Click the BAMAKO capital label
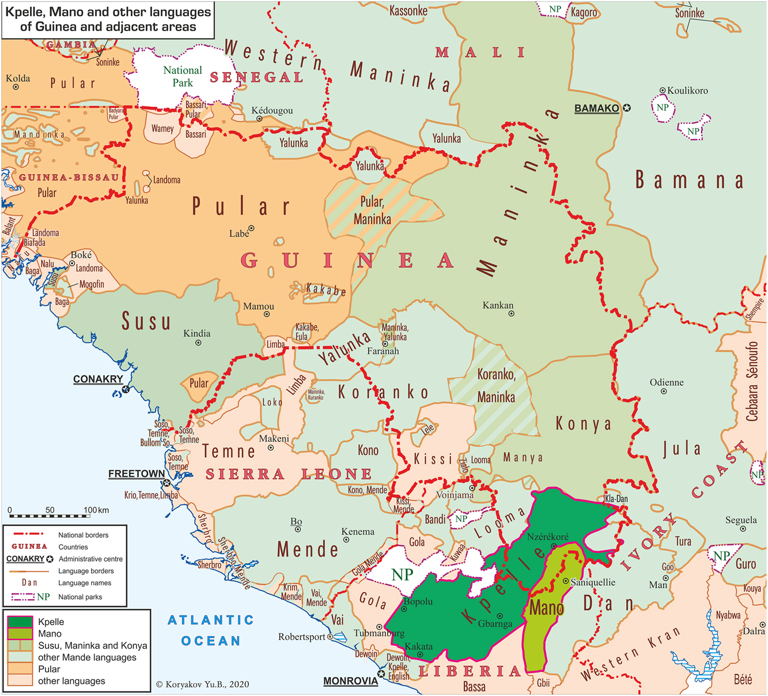coord(596,108)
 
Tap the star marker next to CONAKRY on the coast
coord(126,390)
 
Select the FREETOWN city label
coord(137,474)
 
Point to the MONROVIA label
coord(350,681)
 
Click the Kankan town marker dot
coord(511,314)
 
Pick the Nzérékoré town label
coord(547,537)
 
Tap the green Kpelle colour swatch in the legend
coord(20,622)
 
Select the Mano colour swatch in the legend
coord(20,634)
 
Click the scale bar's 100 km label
coord(96,510)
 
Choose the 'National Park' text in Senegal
coord(183,77)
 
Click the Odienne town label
coord(667,383)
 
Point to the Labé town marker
coord(251,228)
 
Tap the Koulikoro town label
coord(687,91)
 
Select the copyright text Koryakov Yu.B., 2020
coord(203,684)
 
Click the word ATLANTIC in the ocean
coord(211,620)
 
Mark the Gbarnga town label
coord(495,624)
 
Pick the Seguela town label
coord(741,520)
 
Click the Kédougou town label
coord(272,111)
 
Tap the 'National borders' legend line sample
coord(28,535)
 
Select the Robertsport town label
coord(302,637)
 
